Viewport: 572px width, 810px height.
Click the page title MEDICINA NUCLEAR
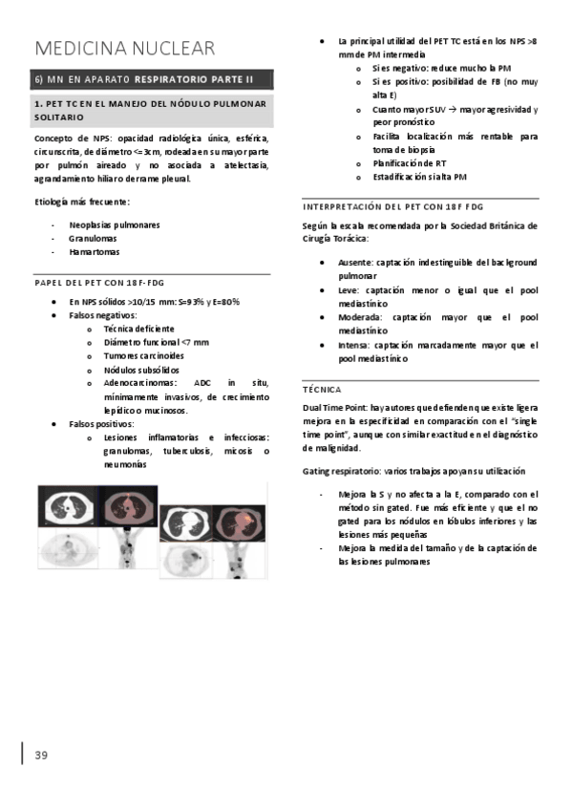[124, 48]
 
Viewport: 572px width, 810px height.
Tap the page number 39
[41, 756]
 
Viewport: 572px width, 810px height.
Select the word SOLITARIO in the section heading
[59, 116]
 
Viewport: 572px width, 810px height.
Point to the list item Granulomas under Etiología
[93, 239]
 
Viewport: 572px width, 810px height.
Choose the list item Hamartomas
[95, 252]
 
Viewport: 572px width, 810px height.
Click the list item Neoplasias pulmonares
[114, 225]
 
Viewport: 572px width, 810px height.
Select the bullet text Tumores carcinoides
[144, 355]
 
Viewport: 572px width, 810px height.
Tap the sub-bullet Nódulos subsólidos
[144, 369]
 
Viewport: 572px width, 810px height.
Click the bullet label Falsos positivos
[102, 423]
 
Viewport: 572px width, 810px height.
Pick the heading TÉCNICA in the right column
[322, 390]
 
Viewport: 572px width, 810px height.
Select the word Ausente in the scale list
[354, 262]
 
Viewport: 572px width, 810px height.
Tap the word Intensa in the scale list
[354, 345]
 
